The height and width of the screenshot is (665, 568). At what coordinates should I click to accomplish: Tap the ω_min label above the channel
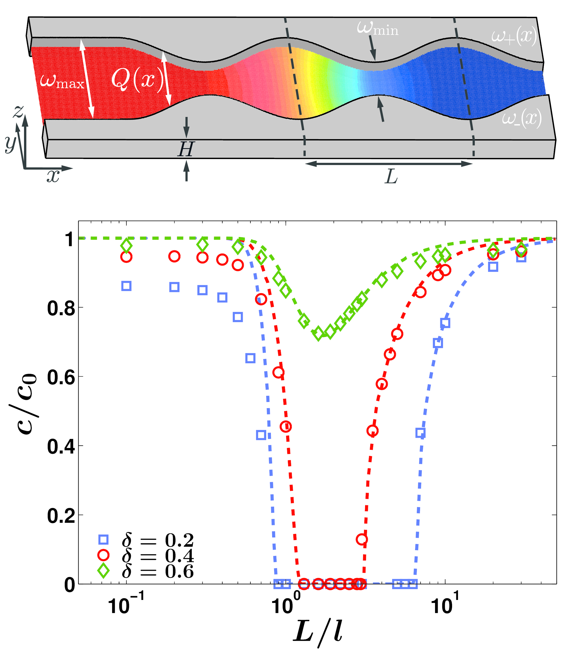pos(377,29)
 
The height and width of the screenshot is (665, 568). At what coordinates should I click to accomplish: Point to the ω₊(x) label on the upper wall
pos(514,36)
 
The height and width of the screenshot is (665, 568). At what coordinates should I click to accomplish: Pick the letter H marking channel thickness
pos(186,149)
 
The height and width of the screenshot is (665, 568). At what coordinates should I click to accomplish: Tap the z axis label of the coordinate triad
pos(18,111)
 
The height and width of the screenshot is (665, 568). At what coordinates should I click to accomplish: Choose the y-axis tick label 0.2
pos(61,516)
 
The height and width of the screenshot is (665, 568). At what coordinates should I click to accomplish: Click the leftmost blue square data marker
pos(127,286)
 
